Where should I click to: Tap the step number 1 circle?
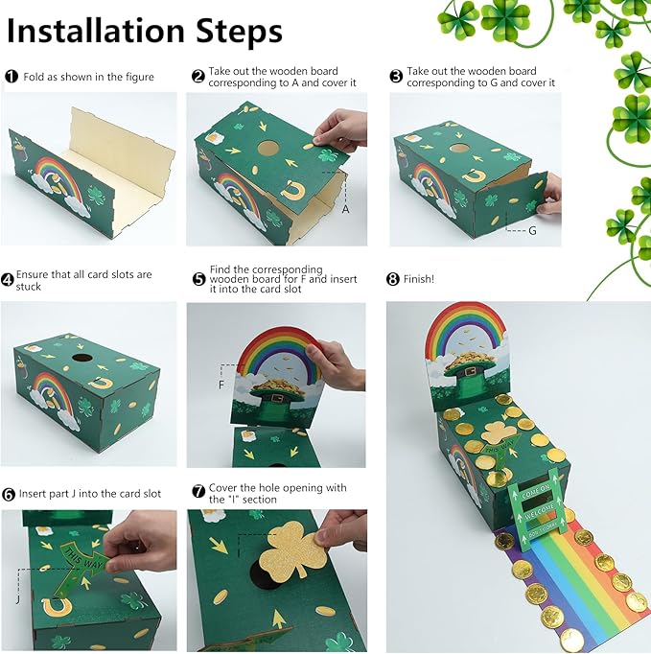coord(12,77)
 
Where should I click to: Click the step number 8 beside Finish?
coord(393,280)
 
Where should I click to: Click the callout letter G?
coord(532,231)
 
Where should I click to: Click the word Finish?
coord(418,280)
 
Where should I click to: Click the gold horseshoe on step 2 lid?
coord(291,190)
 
